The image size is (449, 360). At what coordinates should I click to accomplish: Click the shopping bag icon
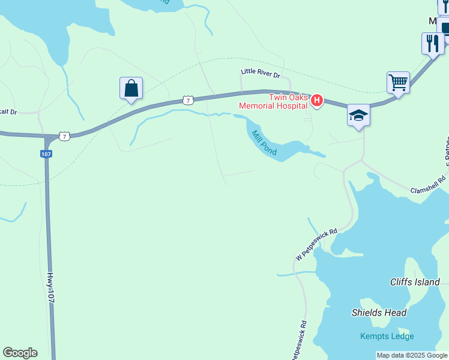click(x=131, y=89)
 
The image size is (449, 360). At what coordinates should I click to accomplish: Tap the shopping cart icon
click(x=398, y=82)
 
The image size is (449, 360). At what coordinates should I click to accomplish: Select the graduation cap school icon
click(x=358, y=115)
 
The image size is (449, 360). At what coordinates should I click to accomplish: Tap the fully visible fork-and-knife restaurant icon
click(x=432, y=43)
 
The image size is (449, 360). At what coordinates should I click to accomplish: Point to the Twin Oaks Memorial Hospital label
click(x=273, y=101)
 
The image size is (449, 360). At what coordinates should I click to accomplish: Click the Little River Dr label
click(x=260, y=74)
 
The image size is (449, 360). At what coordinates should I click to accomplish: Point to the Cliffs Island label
click(x=415, y=282)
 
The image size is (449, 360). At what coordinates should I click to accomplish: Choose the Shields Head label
click(x=379, y=313)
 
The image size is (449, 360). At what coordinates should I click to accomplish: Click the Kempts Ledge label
click(x=387, y=336)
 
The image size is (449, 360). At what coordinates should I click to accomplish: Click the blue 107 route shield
click(x=46, y=154)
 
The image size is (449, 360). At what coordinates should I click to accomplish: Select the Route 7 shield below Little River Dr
click(x=188, y=100)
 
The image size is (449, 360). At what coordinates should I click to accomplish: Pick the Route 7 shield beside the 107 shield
click(x=65, y=136)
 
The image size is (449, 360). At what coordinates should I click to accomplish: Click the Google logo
click(x=20, y=353)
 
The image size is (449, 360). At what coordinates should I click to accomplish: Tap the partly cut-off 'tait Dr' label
click(x=8, y=112)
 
